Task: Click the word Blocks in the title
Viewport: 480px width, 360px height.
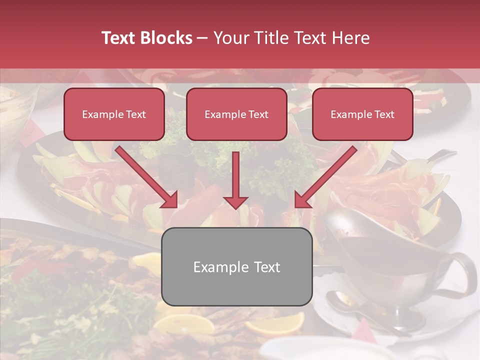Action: tap(166, 38)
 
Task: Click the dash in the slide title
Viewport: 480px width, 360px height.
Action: tap(202, 38)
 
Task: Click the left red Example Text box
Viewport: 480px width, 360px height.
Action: tap(114, 114)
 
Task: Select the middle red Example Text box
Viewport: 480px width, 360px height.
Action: tap(236, 114)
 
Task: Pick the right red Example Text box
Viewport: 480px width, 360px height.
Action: tap(362, 114)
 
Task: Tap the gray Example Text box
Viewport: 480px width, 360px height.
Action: tap(236, 266)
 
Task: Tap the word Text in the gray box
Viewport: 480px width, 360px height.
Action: tap(267, 267)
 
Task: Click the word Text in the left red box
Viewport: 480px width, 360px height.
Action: tap(135, 114)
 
